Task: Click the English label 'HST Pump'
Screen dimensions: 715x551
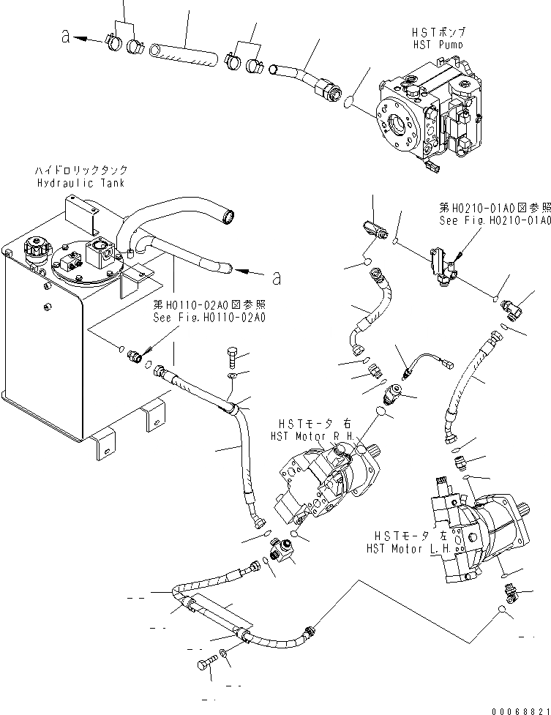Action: [438, 45]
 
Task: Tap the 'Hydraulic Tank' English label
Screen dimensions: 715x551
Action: [80, 182]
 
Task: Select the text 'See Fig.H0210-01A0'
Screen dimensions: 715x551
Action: [495, 220]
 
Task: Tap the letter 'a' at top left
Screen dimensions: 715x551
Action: [66, 37]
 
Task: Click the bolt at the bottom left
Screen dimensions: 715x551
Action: [205, 665]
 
